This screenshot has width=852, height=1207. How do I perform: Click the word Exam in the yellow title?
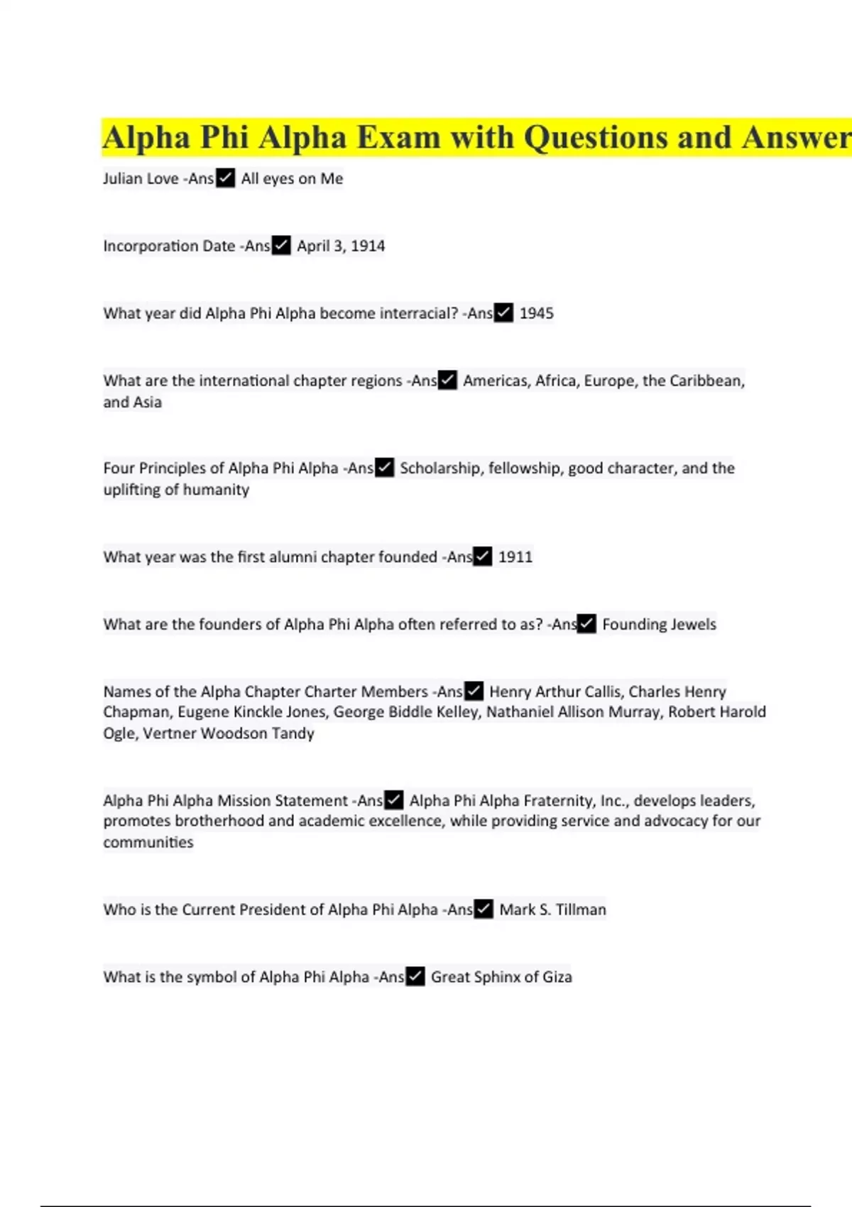398,138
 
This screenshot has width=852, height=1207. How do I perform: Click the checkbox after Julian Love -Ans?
225,178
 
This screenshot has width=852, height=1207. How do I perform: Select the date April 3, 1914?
341,246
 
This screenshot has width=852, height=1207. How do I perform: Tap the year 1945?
536,313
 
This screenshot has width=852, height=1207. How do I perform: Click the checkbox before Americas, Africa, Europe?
447,381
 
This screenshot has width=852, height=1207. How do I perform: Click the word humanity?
217,489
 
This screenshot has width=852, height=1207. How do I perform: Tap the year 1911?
515,557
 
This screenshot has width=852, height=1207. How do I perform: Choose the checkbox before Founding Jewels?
586,624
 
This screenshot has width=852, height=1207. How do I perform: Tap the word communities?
148,842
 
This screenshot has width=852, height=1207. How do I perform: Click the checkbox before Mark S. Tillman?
484,910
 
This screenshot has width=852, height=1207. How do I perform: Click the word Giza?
557,977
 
